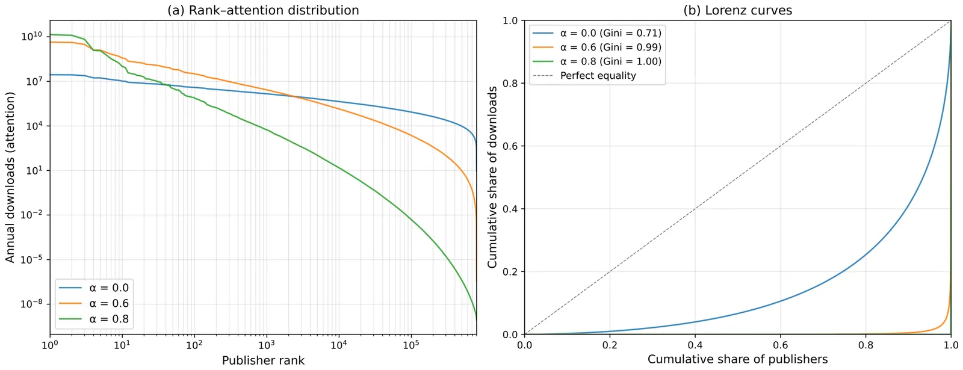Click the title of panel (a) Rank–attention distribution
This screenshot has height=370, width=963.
click(263, 10)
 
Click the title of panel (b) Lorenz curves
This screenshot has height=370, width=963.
click(737, 10)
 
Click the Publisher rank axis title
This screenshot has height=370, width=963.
click(263, 360)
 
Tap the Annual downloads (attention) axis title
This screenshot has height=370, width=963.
click(10, 177)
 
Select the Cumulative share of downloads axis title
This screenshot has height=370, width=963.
click(492, 177)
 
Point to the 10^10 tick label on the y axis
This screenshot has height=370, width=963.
click(32, 36)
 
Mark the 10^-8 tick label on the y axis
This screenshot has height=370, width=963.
click(32, 303)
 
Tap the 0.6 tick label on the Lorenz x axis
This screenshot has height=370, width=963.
click(780, 345)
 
